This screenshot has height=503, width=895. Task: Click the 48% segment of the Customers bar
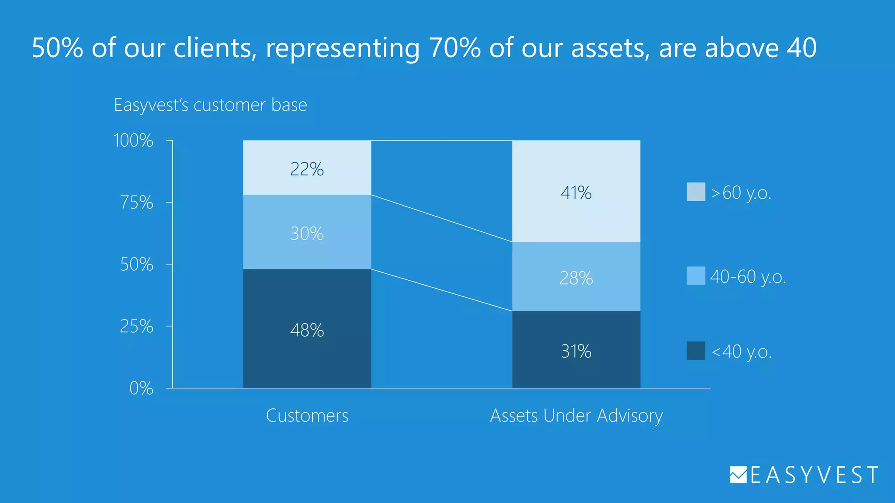307,328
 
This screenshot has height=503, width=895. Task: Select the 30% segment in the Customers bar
307,232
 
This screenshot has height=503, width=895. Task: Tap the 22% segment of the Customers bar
307,168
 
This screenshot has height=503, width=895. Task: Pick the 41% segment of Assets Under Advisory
576,191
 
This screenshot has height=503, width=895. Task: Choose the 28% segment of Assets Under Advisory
576,277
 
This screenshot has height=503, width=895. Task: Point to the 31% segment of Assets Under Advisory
576,350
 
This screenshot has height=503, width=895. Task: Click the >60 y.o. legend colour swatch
696,192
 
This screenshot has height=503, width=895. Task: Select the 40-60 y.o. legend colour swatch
696,276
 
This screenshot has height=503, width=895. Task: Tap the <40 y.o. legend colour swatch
696,351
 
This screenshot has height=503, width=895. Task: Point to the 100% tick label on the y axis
133,141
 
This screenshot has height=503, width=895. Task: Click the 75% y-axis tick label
137,203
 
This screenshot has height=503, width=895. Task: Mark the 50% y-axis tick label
137,265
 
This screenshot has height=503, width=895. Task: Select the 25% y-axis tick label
137,327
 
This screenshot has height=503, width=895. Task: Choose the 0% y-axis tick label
141,388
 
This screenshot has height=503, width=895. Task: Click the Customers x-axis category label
307,415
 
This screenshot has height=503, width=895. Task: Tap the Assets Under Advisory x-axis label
576,415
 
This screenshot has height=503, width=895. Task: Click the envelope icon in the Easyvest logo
738,475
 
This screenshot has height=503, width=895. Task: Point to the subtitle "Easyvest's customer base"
210,105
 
